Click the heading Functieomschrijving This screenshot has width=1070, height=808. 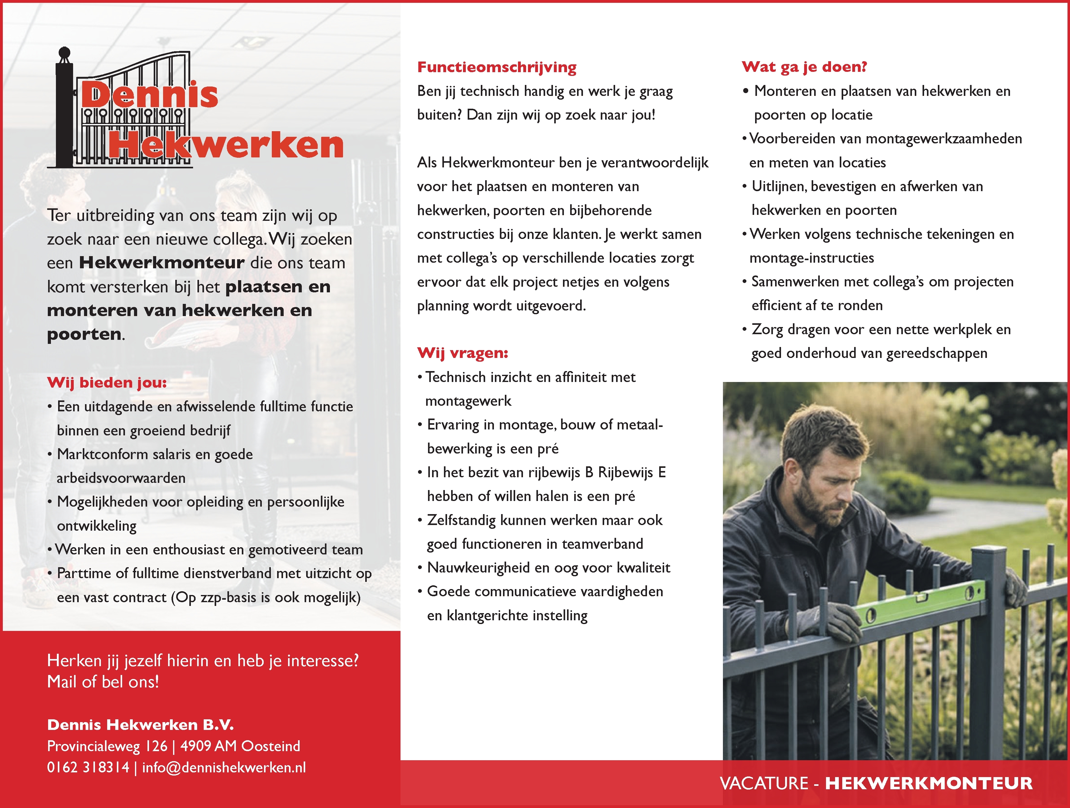click(x=497, y=67)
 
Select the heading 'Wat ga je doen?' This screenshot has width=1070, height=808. click(x=804, y=67)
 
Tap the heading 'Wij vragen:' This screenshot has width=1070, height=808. click(x=462, y=353)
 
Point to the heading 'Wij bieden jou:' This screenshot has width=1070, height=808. click(x=107, y=383)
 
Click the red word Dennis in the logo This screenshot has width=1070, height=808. click(x=149, y=95)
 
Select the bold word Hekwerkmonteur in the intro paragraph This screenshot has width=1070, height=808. click(x=162, y=263)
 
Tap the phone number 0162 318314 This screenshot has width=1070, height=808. click(x=88, y=767)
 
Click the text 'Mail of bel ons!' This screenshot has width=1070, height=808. click(x=103, y=682)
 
